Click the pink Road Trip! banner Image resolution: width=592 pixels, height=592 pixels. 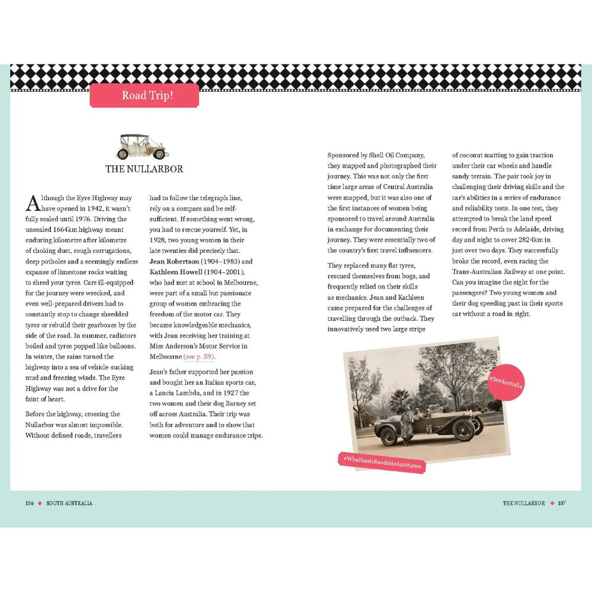coord(144,95)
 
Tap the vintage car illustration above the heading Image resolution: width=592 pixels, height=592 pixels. coord(142,146)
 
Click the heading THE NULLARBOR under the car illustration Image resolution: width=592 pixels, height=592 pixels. coord(144,169)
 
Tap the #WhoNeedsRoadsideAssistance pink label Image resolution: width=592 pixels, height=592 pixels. coord(382,462)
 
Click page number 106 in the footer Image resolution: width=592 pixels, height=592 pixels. coord(29,503)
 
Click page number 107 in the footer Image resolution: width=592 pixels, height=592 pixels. coord(562,503)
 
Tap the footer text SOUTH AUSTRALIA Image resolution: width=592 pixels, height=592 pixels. coord(69,503)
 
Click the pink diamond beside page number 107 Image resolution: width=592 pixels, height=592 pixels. coord(552,503)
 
